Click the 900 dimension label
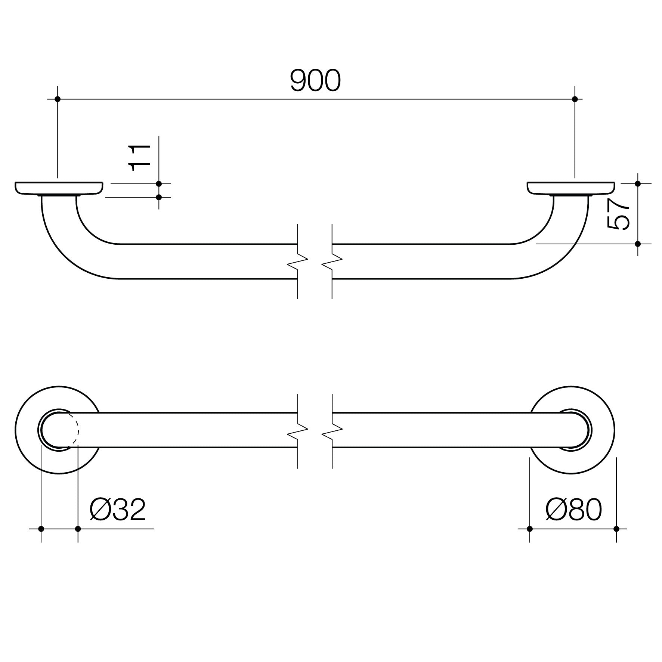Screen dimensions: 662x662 pos(315,81)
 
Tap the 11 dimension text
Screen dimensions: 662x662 pos(139,157)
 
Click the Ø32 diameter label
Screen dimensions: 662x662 pos(117,510)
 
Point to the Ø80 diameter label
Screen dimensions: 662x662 pos(573,510)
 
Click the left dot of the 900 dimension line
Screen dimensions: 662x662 pos(58,99)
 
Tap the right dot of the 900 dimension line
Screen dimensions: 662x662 pos(575,99)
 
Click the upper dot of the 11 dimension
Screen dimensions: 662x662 pos(159,184)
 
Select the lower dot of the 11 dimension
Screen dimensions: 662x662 pos(159,197)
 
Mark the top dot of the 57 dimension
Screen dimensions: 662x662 pos(638,184)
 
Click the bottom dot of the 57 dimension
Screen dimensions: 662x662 pos(638,244)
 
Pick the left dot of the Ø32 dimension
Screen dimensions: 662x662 pos(41,529)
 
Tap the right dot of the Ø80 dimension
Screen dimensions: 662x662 pos(616,529)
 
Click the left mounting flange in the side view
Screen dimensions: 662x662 pos(59,188)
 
